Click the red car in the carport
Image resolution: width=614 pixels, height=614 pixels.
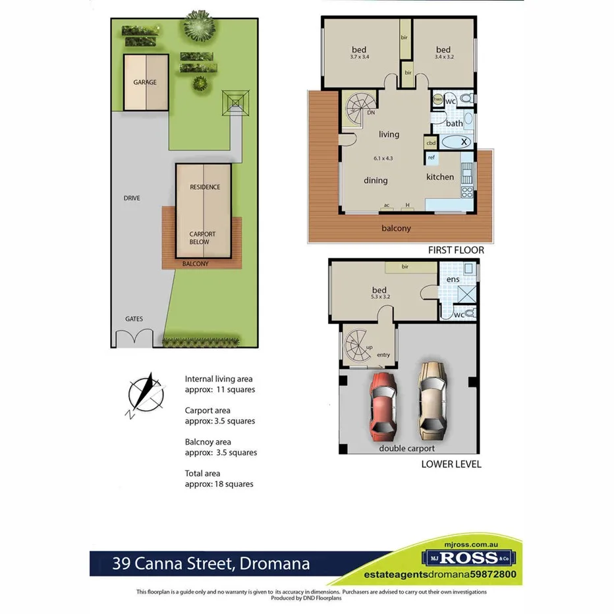(x=383, y=405)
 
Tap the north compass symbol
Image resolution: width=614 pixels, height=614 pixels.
(x=146, y=395)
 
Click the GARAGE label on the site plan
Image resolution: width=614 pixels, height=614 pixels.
(x=145, y=82)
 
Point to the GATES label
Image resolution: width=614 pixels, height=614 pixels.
(x=134, y=319)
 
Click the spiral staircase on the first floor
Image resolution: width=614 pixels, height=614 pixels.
(x=359, y=109)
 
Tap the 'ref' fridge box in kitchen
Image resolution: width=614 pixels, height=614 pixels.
(x=432, y=157)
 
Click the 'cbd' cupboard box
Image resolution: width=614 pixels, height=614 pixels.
(x=431, y=143)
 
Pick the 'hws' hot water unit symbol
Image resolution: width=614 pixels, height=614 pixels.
(x=437, y=100)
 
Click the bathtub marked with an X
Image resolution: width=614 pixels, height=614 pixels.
(x=457, y=142)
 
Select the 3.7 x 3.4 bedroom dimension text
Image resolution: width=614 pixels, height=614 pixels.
(x=359, y=57)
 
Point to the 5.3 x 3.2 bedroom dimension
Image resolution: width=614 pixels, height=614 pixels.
(x=379, y=298)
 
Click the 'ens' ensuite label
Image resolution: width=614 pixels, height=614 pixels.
(x=453, y=279)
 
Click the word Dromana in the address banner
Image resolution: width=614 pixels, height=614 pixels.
(x=274, y=564)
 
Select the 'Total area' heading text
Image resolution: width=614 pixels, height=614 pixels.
(x=202, y=473)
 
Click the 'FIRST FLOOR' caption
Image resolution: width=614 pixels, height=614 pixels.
(x=456, y=250)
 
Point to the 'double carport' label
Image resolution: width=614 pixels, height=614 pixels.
(x=406, y=449)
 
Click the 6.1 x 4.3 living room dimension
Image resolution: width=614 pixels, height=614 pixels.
(x=383, y=158)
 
